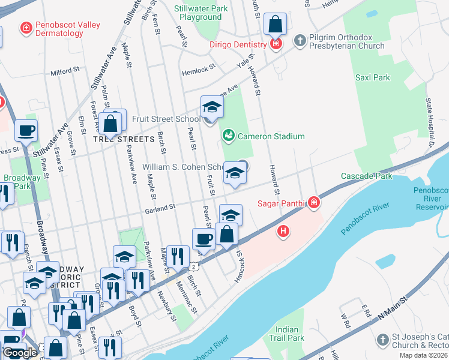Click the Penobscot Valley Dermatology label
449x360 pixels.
click(67, 29)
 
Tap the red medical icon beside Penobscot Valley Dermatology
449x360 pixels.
click(25, 28)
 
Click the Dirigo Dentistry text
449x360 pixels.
click(238, 45)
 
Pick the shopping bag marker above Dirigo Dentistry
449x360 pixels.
click(275, 25)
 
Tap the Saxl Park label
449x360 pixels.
click(372, 77)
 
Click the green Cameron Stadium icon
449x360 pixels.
click(228, 136)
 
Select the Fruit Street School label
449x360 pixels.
click(166, 119)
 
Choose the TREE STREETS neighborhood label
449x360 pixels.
click(124, 139)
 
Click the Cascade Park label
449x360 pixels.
click(366, 176)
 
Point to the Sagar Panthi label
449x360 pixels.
click(282, 204)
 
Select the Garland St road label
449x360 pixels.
click(159, 209)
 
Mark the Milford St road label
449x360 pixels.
click(65, 71)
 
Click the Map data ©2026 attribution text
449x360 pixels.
click(422, 355)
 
